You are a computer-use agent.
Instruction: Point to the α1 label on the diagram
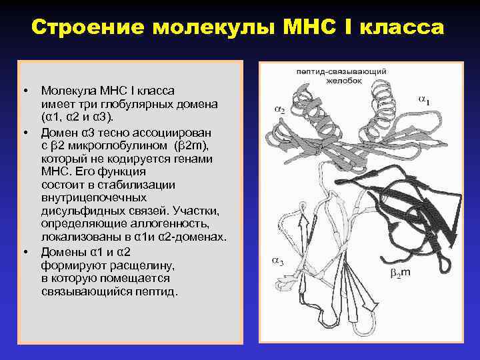click(x=423, y=100)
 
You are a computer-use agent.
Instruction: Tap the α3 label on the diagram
click(x=276, y=262)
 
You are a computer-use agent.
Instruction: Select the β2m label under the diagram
click(x=401, y=273)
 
